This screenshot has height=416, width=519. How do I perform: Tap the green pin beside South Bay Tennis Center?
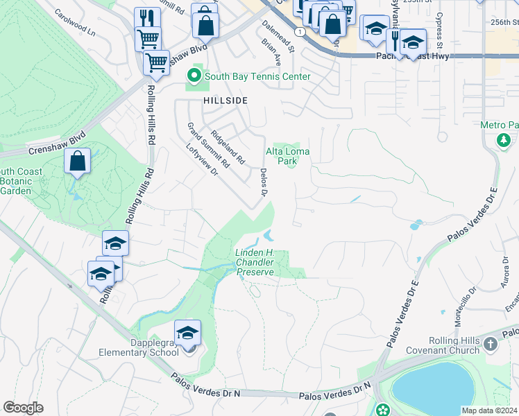tap(195, 76)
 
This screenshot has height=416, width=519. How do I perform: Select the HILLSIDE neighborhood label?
tap(226, 101)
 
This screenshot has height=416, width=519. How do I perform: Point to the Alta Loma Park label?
tap(287, 156)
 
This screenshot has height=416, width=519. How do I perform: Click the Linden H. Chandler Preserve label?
tap(256, 263)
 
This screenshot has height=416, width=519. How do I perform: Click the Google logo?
tap(23, 408)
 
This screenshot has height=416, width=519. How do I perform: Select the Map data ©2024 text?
tap(489, 410)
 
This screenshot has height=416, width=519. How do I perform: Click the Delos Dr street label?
tap(264, 182)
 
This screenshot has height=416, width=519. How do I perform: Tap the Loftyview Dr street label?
tap(202, 160)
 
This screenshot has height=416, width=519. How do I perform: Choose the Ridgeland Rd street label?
tap(228, 147)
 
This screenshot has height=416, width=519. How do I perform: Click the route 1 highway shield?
tap(298, 32)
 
